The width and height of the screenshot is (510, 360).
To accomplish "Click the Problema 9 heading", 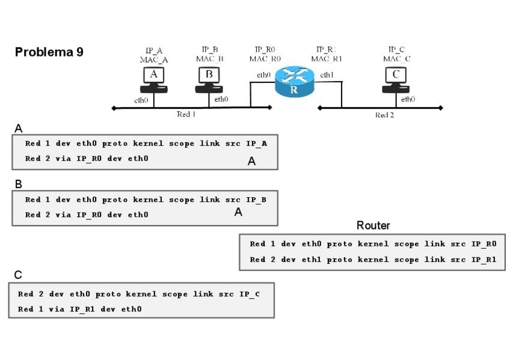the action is point(49,52).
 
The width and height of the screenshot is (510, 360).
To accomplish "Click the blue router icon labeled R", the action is point(294,82).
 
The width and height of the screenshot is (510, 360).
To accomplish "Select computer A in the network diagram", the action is point(154,80).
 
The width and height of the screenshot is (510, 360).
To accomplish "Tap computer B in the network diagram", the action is point(209,80).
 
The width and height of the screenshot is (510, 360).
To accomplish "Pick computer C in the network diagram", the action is point(396,80).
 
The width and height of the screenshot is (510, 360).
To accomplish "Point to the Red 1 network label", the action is point(186,114).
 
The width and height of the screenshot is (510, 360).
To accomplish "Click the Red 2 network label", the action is point(384,115).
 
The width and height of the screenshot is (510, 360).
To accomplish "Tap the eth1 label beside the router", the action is point(327,75).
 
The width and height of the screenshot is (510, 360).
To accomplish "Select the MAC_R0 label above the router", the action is point(265,59).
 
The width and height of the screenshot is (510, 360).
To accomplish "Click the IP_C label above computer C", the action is point(396,49).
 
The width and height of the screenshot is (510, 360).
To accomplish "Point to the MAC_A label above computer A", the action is point(154,59).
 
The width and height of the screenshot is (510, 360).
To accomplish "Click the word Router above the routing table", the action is point(373,225).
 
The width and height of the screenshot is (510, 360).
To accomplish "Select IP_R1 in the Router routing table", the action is point(484,260).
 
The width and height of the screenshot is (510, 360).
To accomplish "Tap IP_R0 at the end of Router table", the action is point(484,244).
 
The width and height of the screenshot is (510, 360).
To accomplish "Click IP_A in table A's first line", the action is point(256,144).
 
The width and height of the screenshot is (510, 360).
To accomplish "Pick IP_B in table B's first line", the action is point(256,200).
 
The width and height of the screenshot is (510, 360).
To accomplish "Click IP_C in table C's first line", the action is point(250,294).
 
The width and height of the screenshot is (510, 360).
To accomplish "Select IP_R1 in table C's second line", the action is point(82,310).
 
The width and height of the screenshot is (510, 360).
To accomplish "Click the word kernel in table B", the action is point(149,200).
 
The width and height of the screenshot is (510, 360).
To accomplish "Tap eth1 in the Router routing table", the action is point(312,259).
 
